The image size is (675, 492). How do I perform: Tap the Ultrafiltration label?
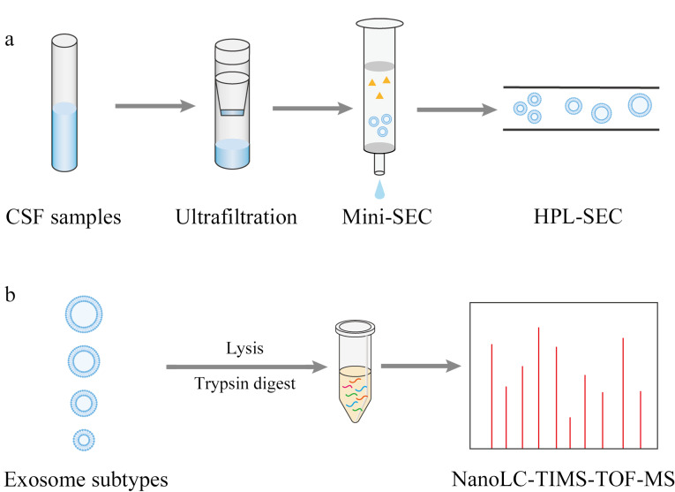[236, 216]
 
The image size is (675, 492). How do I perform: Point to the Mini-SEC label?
[382, 216]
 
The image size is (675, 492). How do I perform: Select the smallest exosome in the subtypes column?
[84, 438]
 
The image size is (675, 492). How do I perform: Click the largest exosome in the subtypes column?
[83, 313]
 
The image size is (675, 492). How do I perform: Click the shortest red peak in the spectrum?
[571, 432]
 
